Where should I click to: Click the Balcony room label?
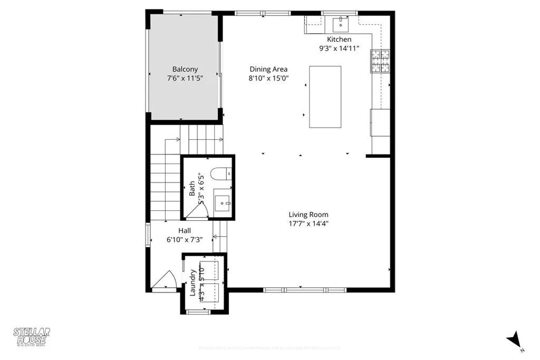[185, 69]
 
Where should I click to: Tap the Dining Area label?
[268, 69]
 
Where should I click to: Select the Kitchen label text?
[339, 40]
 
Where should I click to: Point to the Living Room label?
[308, 215]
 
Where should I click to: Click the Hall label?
[185, 230]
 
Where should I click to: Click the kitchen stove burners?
[380, 61]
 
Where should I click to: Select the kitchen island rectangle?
[325, 96]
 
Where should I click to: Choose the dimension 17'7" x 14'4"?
[308, 223]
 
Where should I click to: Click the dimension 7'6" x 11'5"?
[185, 78]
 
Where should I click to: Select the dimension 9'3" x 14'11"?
[339, 48]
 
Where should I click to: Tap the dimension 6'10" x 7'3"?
[185, 239]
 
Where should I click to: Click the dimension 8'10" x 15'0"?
[268, 78]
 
